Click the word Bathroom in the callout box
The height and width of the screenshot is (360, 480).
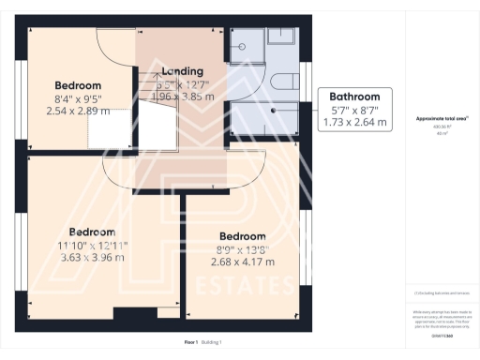[353, 97]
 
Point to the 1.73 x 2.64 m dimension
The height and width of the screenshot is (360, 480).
[353, 121]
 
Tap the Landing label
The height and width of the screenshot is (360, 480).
[182, 71]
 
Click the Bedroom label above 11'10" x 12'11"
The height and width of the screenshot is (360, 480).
[92, 232]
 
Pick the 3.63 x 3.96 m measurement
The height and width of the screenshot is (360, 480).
[92, 257]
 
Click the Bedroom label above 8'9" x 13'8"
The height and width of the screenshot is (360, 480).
[242, 236]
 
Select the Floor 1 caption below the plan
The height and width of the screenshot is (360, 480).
[191, 343]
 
